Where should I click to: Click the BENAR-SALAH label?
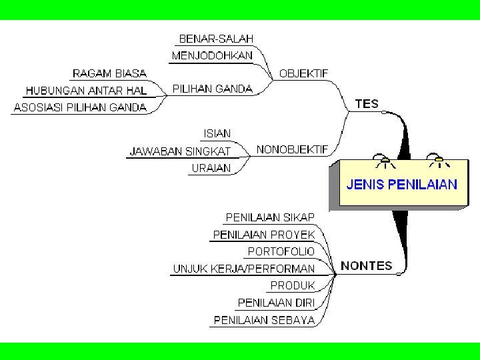point(216,39)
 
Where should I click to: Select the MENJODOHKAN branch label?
point(212,56)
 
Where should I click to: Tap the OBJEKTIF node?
point(303,73)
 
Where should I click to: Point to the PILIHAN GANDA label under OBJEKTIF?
point(212,89)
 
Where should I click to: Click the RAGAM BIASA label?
point(109,73)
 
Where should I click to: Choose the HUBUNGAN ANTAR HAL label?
point(86,90)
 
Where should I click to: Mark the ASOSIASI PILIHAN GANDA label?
point(80,107)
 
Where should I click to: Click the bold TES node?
point(367,104)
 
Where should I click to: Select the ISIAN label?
point(217,134)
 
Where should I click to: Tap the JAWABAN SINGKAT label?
point(180,151)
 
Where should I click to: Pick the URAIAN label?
point(211,168)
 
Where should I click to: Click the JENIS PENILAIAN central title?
point(402,185)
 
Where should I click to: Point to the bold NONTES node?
point(366,265)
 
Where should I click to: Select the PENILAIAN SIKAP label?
point(270,217)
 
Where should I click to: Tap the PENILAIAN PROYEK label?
point(263,235)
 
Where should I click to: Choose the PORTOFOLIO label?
point(281,251)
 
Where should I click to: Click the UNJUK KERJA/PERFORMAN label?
point(244,269)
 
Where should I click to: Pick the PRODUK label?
point(292,285)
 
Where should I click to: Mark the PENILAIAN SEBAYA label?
point(264,320)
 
